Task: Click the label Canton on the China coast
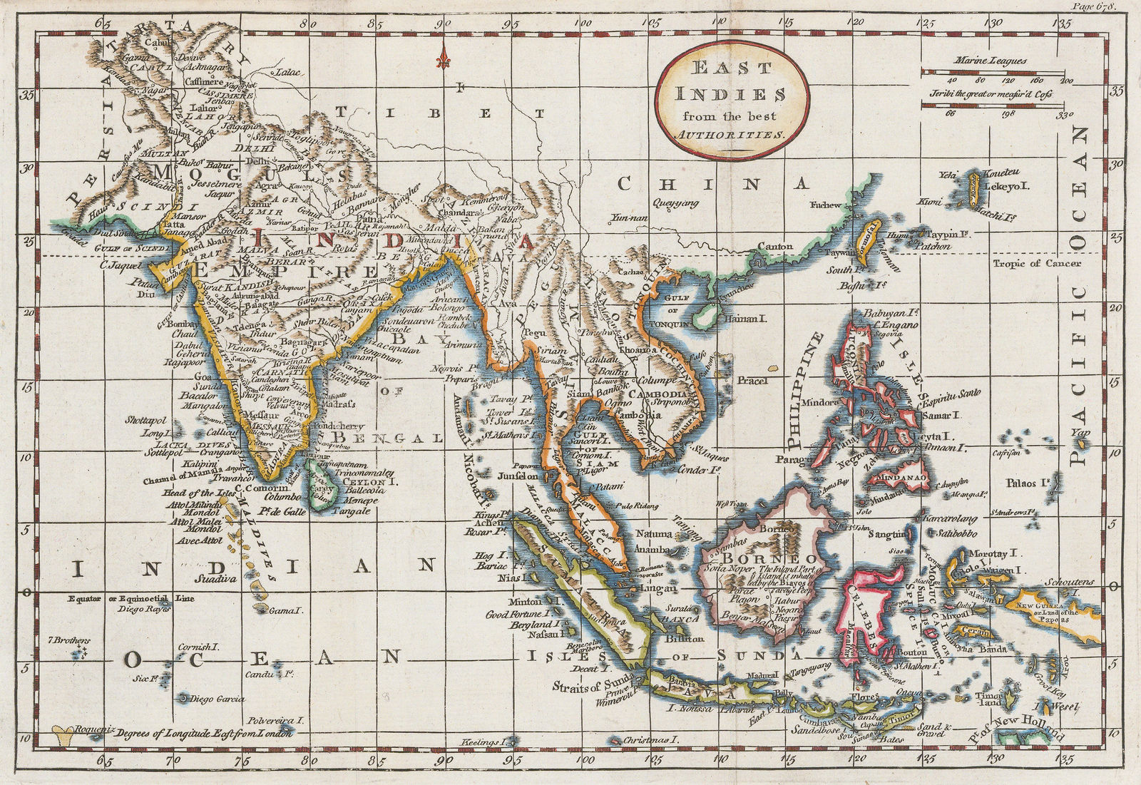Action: (774, 247)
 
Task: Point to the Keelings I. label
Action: (483, 742)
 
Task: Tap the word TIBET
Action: (444, 113)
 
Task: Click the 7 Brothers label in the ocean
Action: (70, 640)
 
